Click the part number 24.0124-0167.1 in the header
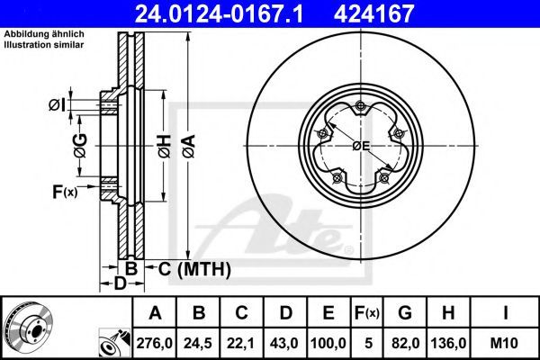219,13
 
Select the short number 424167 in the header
373,13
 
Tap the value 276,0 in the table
154,343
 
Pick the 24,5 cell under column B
198,343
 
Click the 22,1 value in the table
240,343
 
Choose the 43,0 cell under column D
284,343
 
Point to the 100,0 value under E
328,343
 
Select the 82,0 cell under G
405,343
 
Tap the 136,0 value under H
448,343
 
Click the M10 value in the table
504,343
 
